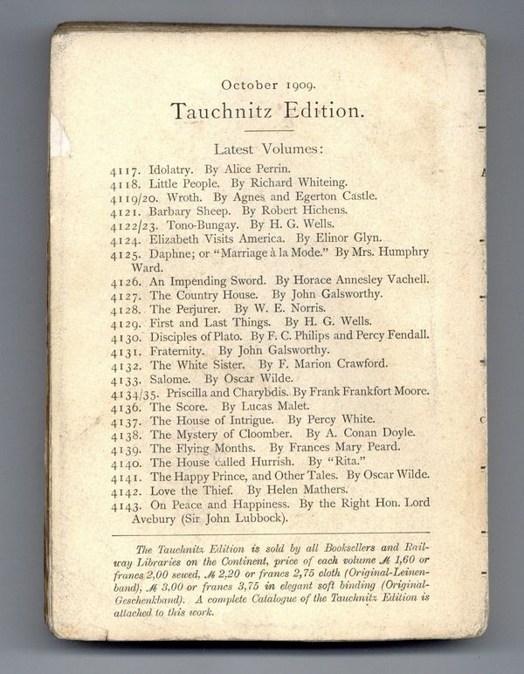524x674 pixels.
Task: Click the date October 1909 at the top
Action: [268, 85]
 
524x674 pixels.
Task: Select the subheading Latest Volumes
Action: [268, 149]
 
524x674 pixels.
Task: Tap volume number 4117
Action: [125, 170]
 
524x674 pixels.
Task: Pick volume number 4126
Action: [127, 280]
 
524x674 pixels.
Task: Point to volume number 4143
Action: [127, 504]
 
